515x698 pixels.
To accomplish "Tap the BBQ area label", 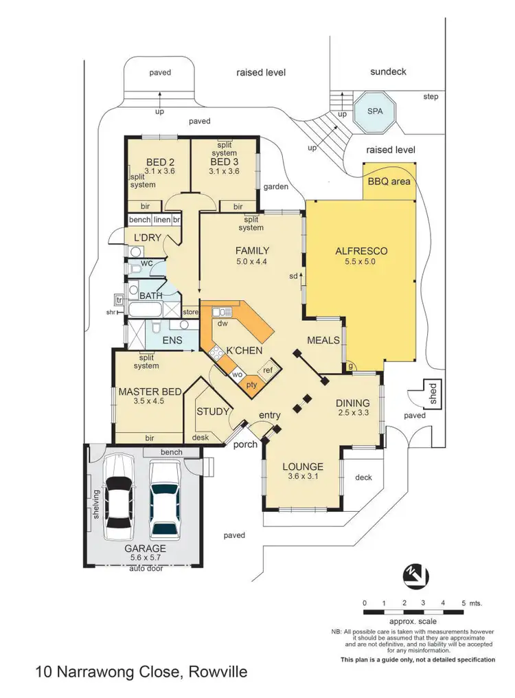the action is tap(389, 181).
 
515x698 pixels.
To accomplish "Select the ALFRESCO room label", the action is tap(361, 251).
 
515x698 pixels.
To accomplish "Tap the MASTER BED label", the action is tap(149, 392).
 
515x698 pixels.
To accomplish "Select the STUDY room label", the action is tap(212, 412).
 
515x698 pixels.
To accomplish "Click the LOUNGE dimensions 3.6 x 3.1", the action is tap(303, 477).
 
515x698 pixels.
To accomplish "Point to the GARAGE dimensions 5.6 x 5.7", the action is tap(145, 559).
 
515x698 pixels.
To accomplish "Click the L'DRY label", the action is tap(147, 238).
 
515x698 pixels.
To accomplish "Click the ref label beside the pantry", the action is tap(268, 370).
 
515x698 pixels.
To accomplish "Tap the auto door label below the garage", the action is tap(146, 569).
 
